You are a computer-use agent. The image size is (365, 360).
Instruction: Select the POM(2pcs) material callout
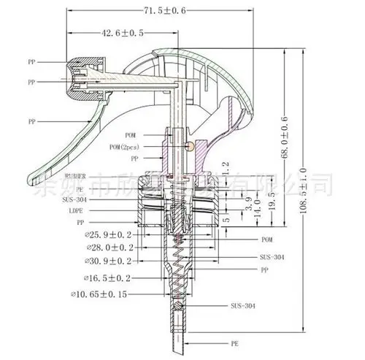click(x=124, y=147)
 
